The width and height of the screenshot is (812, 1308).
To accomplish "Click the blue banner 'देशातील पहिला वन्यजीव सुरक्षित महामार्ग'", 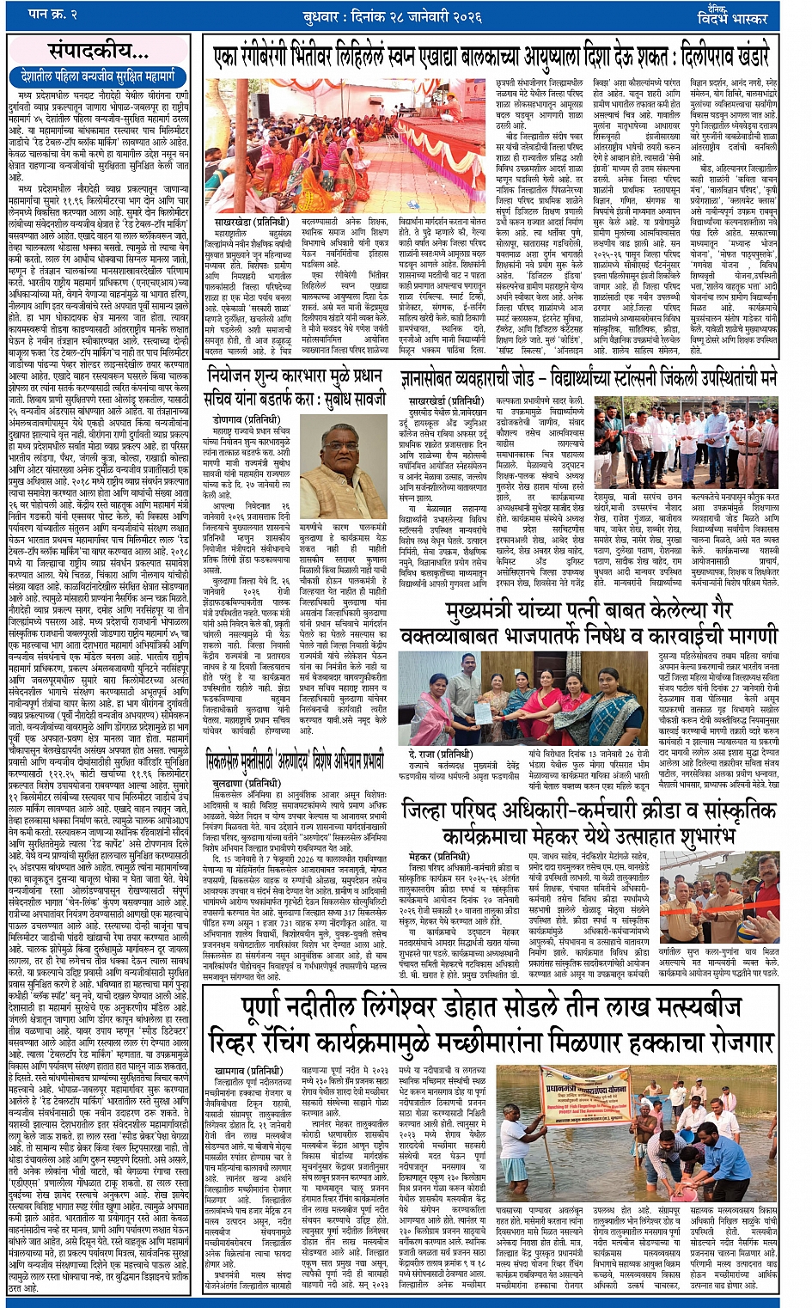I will pyautogui.click(x=101, y=76).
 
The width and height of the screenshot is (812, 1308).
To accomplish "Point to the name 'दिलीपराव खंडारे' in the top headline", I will pyautogui.click(x=723, y=57).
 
